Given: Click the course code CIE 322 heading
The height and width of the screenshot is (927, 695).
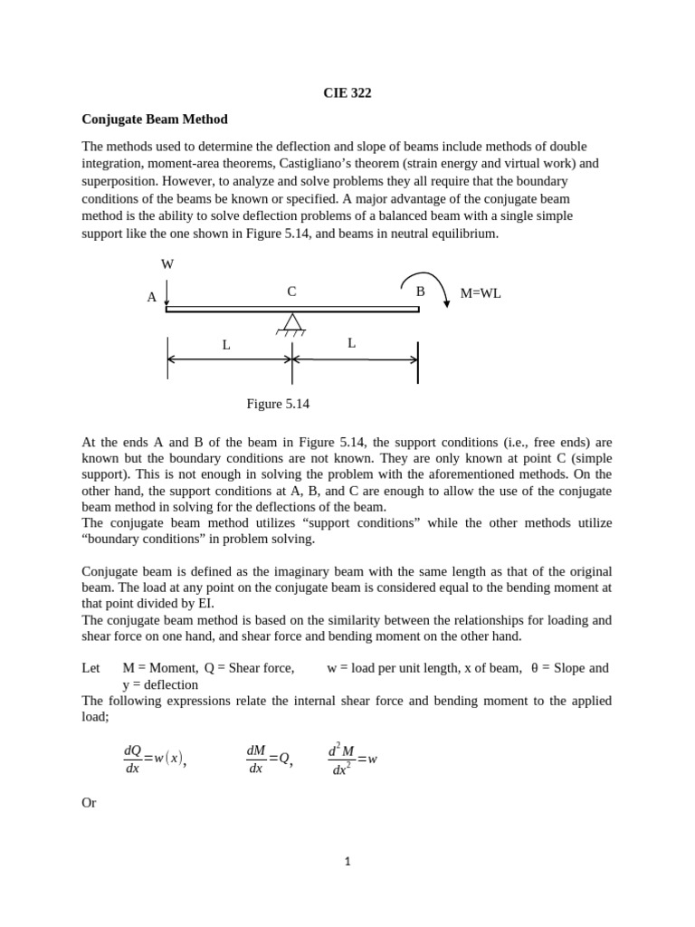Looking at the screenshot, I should pos(347,92).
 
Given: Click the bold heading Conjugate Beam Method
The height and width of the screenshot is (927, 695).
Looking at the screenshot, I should pos(155,119).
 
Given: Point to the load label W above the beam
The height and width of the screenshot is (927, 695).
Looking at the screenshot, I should pos(167,264).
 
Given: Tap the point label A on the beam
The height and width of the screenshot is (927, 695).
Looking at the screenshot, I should pos(152,297).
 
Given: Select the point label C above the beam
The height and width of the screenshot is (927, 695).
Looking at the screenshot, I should pos(291,291).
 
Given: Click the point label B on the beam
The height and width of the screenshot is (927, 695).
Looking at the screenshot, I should pos(420,291).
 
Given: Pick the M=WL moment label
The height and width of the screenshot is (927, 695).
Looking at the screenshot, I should pos(481,293).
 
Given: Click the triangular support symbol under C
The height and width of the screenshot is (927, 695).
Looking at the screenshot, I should pos(292,322).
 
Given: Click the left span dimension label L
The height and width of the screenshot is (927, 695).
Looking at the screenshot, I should pos(226,345).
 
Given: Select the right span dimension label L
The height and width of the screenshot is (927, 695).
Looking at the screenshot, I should pos(351,343).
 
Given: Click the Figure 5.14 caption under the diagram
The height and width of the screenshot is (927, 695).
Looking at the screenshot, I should pos(278,404).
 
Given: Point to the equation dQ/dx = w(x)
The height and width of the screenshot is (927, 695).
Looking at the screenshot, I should pos(155,759).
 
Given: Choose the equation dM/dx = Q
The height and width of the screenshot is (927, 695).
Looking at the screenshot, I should pos(270,759).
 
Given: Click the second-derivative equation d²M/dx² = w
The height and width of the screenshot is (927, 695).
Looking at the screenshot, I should pos(352,759).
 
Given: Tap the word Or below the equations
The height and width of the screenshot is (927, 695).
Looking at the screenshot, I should pos(89,802).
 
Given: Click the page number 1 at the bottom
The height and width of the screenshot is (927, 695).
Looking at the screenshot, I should pos(347,861).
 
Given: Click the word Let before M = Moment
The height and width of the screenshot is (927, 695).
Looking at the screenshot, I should pos(90,668).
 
